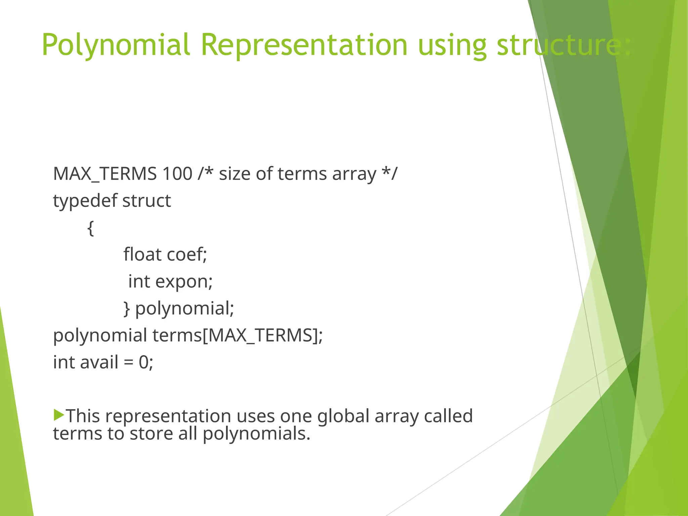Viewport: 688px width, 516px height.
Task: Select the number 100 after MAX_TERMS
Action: [x=177, y=174]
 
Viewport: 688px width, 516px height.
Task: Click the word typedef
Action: [x=85, y=201]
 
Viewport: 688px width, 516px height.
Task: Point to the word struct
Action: [x=146, y=201]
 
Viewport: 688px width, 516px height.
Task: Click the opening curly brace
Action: [x=90, y=228]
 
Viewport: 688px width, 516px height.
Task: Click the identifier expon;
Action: [x=184, y=282]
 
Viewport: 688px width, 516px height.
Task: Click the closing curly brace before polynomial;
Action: [x=127, y=309]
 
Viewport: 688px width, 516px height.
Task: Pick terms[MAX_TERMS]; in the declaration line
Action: [x=238, y=335]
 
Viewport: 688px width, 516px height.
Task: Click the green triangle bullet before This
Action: [x=58, y=415]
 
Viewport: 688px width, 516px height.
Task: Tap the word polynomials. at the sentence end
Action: [x=256, y=434]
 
